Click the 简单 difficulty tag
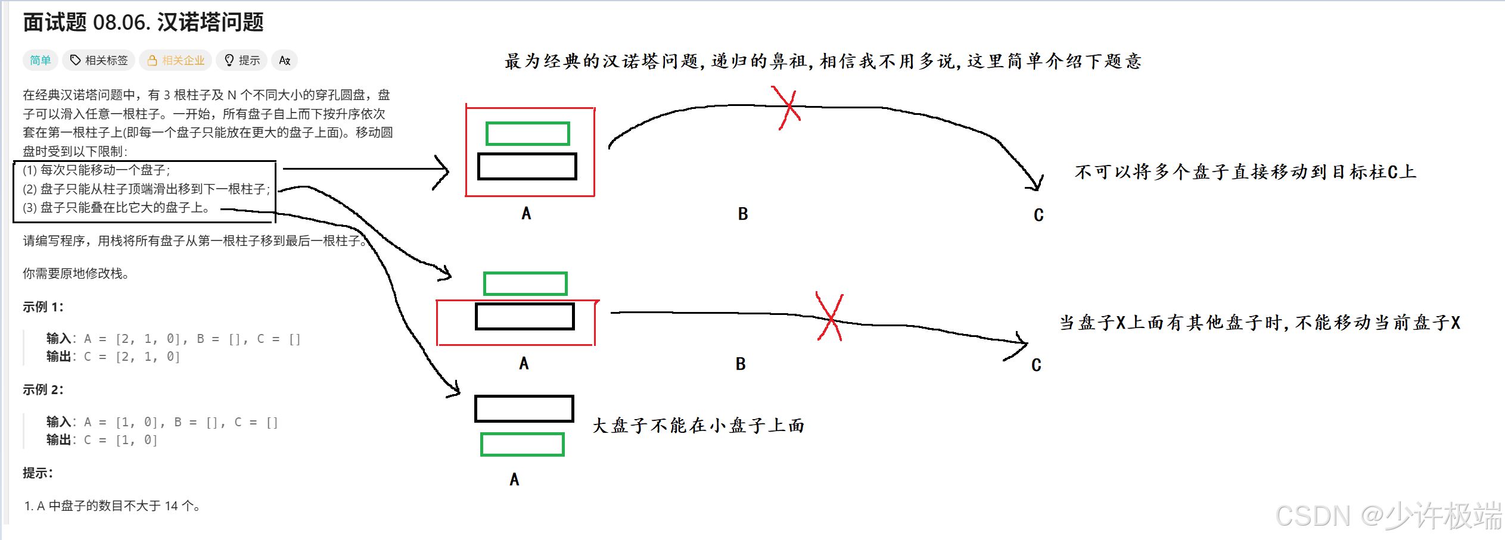41,60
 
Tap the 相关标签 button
99,60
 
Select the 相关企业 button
176,60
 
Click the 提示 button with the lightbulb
242,60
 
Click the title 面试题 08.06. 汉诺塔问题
143,23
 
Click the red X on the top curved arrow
788,107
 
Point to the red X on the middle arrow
830,318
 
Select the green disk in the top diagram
527,133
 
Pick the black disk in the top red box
527,166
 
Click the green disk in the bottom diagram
522,445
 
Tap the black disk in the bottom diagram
524,408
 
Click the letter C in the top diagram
1038,215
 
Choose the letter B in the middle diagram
741,364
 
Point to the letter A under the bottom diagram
514,479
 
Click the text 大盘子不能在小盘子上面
698,426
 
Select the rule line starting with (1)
97,170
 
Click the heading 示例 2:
43,389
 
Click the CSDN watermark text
1388,516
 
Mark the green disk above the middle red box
525,283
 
